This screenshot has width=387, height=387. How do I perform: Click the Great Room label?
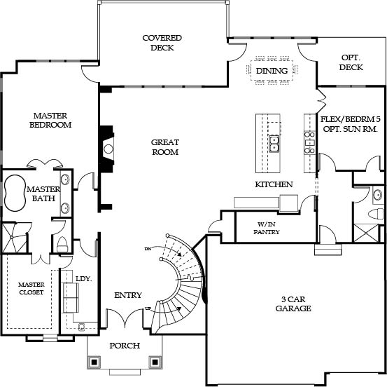pyautogui.click(x=165, y=147)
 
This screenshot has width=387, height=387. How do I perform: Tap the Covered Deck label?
pyautogui.click(x=162, y=43)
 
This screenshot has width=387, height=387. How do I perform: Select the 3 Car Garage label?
pyautogui.click(x=293, y=304)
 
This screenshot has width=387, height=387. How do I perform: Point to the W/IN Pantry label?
pyautogui.click(x=267, y=228)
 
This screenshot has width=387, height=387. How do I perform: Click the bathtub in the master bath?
pyautogui.click(x=15, y=193)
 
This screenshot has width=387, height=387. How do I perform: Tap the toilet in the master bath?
pyautogui.click(x=62, y=245)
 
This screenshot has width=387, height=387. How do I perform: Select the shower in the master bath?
pyautogui.click(x=15, y=238)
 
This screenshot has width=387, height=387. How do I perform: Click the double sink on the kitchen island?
pyautogui.click(x=274, y=144)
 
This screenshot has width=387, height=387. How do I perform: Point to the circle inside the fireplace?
pyautogui.click(x=108, y=149)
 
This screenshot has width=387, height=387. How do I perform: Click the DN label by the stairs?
pyautogui.click(x=148, y=249)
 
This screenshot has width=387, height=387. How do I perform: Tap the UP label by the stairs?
pyautogui.click(x=148, y=308)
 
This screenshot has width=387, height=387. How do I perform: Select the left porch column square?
pyautogui.click(x=94, y=362)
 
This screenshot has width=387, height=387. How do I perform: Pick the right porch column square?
pyautogui.click(x=155, y=362)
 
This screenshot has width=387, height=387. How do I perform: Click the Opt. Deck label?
pyautogui.click(x=351, y=62)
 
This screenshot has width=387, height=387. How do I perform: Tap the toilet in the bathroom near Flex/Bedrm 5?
pyautogui.click(x=375, y=214)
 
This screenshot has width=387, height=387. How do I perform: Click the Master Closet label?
pyautogui.click(x=31, y=288)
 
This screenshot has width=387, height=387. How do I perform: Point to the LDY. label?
pyautogui.click(x=84, y=279)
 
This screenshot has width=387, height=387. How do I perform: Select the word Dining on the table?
pyautogui.click(x=272, y=71)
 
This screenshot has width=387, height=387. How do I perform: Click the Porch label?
pyautogui.click(x=125, y=346)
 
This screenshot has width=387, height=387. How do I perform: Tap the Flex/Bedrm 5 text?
pyautogui.click(x=350, y=119)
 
